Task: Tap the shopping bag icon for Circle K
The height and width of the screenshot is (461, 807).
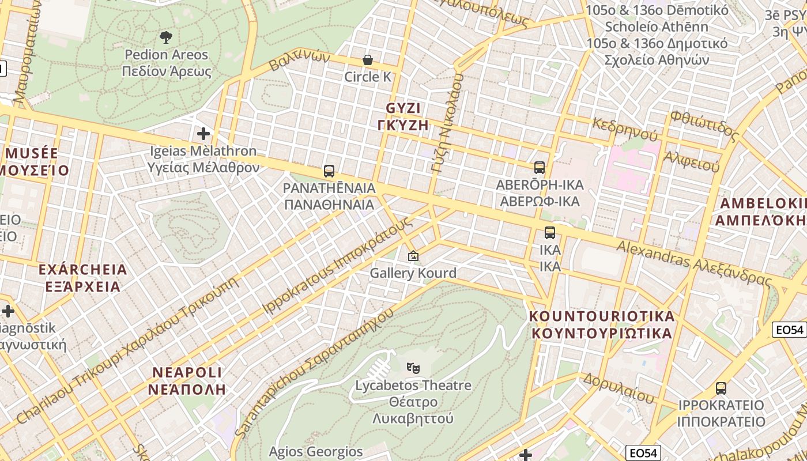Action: [x=367, y=60]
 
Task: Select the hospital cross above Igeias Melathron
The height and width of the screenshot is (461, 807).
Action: [x=203, y=134]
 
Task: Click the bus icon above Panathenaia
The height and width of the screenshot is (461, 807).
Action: [x=329, y=171]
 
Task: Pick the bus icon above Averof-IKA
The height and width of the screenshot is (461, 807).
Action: [x=540, y=168]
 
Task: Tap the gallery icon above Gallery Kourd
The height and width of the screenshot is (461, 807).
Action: [x=413, y=255]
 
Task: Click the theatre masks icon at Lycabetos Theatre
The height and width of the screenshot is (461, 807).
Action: [x=413, y=367]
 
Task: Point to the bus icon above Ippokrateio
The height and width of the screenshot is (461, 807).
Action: [x=721, y=388]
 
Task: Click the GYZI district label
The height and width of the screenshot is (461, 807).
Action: [x=403, y=116]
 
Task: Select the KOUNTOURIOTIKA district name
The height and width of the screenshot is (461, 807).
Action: [x=602, y=324]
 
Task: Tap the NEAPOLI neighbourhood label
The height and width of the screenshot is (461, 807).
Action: [x=187, y=380]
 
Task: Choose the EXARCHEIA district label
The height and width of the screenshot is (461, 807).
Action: [x=82, y=278]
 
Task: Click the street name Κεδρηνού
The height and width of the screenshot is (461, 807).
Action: [x=625, y=130]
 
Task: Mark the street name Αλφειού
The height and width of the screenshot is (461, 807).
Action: [x=691, y=161]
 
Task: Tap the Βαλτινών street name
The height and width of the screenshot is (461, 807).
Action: [x=299, y=60]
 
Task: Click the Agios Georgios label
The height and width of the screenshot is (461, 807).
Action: [x=316, y=451]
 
